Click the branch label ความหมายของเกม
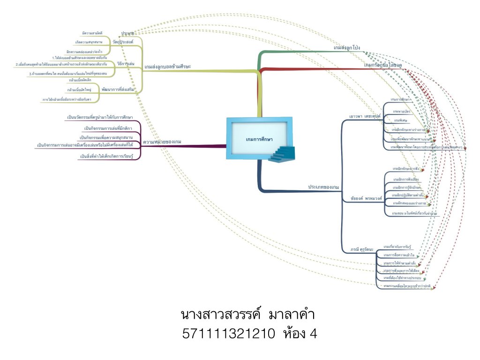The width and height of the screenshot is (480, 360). pos(162,141)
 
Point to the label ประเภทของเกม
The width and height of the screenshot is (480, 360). pos(323,187)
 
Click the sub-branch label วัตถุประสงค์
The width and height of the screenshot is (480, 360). pos(123,42)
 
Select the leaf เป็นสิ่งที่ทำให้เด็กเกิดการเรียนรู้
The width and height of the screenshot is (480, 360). pos(107,156)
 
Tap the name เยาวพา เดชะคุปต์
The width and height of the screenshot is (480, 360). pos(364,115)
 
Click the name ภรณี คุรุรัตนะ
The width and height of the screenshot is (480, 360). pos(362,249)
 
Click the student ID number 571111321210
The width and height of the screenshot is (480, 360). pos(229,334)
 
